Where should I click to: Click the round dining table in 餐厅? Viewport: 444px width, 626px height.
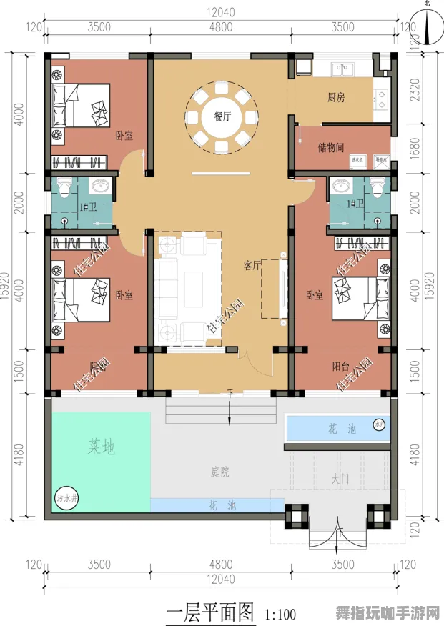point(221,117)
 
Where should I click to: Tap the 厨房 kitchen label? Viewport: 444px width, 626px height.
point(336,97)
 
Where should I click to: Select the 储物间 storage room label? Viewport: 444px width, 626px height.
point(330,147)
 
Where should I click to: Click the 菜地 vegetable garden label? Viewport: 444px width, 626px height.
point(102,448)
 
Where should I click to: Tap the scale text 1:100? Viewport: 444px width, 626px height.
point(280,614)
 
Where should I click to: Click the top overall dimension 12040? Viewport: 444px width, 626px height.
point(221,11)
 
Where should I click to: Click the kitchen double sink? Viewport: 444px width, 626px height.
point(342,69)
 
